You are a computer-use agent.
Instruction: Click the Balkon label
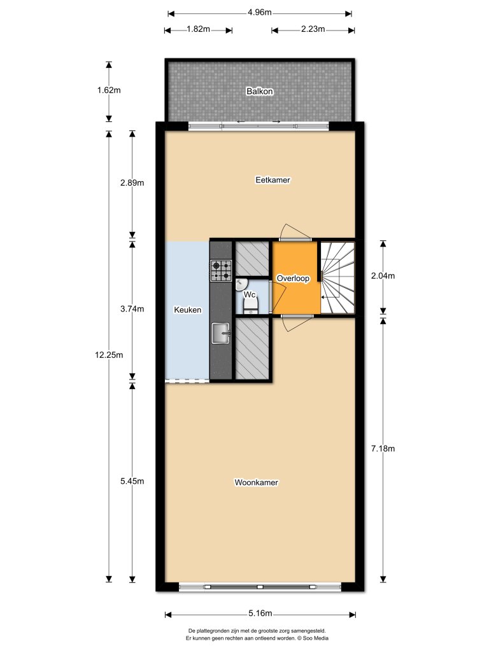[x=260, y=92]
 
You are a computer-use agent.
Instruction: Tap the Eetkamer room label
[x=273, y=180]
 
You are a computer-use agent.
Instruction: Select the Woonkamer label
[x=256, y=483]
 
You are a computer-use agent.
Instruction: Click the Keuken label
[x=188, y=310]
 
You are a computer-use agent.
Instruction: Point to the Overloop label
[x=293, y=278]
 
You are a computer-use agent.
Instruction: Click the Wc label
[x=250, y=295]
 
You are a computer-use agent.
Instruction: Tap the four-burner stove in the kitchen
[x=221, y=271]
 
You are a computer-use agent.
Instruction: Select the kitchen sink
[x=221, y=332]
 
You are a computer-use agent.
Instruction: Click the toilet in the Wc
[x=250, y=308]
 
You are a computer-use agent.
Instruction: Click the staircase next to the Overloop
[x=337, y=278]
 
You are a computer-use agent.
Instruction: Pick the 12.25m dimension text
[x=97, y=355]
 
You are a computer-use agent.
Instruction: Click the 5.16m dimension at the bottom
[x=260, y=613]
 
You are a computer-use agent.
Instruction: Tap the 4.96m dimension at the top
[x=260, y=12]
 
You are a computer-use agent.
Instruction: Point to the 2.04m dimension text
[x=383, y=276]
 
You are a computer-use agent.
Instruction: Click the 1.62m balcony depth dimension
[x=109, y=90]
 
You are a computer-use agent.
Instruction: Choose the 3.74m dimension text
[x=132, y=310]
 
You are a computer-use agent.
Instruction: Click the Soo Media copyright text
[x=260, y=637]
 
